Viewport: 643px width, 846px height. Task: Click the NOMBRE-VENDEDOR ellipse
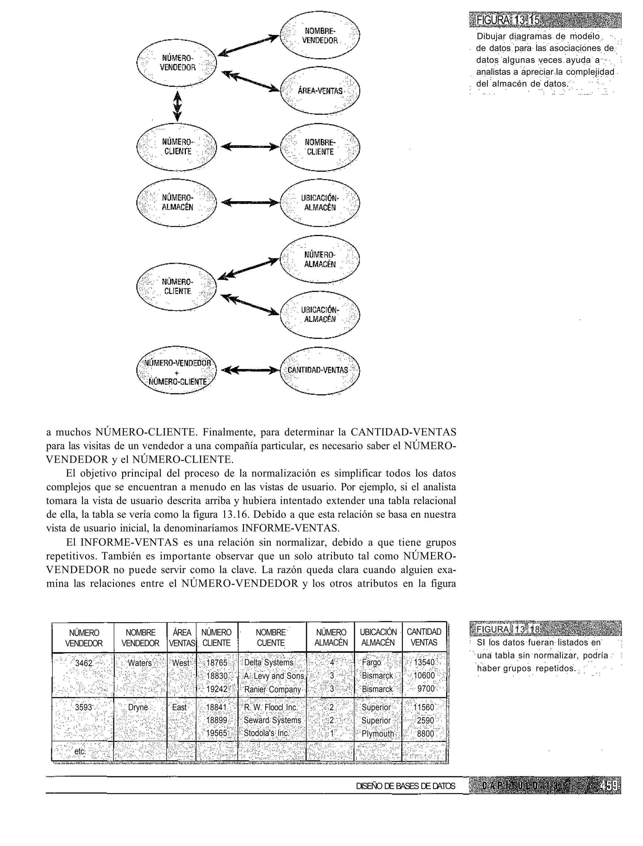click(320, 35)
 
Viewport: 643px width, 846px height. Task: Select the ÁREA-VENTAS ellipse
click(320, 91)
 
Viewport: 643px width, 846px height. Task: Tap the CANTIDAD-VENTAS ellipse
click(320, 370)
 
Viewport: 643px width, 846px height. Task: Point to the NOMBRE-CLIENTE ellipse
click(320, 147)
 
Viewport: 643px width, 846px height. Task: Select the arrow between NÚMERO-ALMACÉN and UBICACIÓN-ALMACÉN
click(248, 202)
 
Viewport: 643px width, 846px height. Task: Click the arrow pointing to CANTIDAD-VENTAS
click(248, 370)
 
